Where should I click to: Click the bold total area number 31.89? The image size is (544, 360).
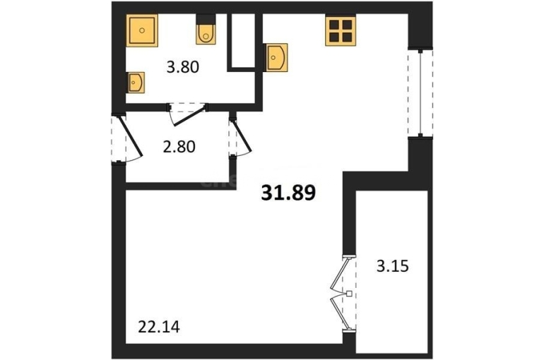(288, 193)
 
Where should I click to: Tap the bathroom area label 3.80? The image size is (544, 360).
(183, 67)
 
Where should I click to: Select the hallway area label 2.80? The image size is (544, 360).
(179, 147)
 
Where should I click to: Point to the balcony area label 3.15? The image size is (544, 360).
(393, 266)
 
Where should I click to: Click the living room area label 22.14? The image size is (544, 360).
(159, 327)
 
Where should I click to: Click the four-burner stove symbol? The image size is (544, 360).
(341, 30)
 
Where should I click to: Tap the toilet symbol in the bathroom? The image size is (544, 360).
(206, 30)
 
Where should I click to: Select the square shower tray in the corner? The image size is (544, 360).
(142, 30)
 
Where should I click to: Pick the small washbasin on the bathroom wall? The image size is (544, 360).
(136, 83)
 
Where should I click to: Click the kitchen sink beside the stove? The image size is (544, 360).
(276, 57)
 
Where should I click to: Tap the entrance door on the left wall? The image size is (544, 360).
(126, 138)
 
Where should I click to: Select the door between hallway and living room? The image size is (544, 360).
(240, 137)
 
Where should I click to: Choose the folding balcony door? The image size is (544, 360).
(342, 294)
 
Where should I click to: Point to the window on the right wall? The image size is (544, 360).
(420, 93)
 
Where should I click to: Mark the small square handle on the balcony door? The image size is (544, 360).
(350, 294)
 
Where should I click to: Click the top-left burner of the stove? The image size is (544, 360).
(334, 24)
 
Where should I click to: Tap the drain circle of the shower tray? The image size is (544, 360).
(142, 30)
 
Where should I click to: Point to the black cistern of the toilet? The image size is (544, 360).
(206, 19)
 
